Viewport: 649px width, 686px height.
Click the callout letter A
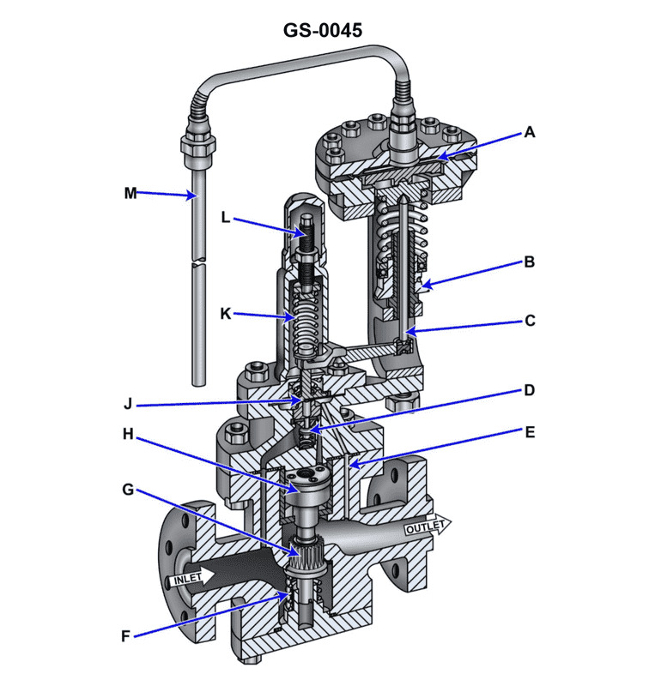(530, 132)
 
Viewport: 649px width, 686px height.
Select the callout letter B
(530, 262)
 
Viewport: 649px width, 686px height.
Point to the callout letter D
(530, 390)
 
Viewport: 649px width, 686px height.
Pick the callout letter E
(530, 432)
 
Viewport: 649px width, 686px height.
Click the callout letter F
(127, 636)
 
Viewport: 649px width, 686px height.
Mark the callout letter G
(127, 490)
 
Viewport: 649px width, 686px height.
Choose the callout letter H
(127, 434)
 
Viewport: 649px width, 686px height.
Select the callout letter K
(226, 315)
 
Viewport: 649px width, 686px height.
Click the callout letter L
(226, 218)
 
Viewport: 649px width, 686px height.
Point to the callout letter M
(130, 193)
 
